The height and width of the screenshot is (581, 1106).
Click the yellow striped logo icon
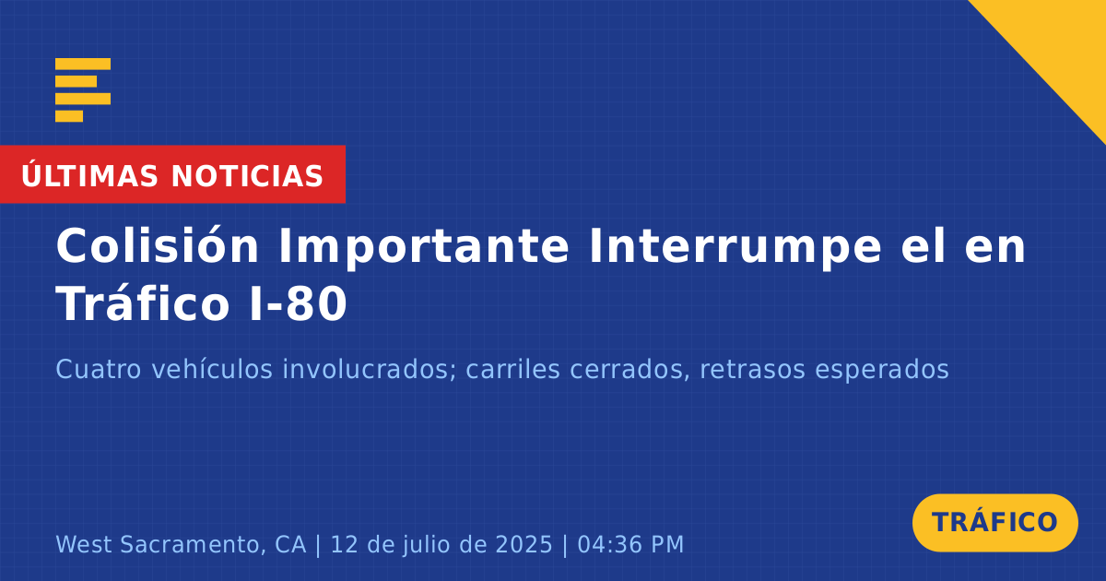point(83,90)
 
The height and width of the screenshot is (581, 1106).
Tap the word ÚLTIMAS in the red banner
point(89,175)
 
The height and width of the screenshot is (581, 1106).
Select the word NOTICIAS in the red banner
point(247,176)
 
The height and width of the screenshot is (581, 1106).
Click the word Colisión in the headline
point(157,245)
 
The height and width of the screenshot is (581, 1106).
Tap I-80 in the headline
point(299,304)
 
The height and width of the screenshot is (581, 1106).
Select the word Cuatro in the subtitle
point(99,369)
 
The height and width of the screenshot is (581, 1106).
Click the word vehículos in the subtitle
point(212,369)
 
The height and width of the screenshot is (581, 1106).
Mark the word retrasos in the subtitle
point(752,370)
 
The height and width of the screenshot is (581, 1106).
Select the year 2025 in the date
point(524,545)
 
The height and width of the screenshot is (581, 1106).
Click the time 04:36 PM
point(630,545)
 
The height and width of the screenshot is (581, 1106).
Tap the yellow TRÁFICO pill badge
point(994,522)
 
